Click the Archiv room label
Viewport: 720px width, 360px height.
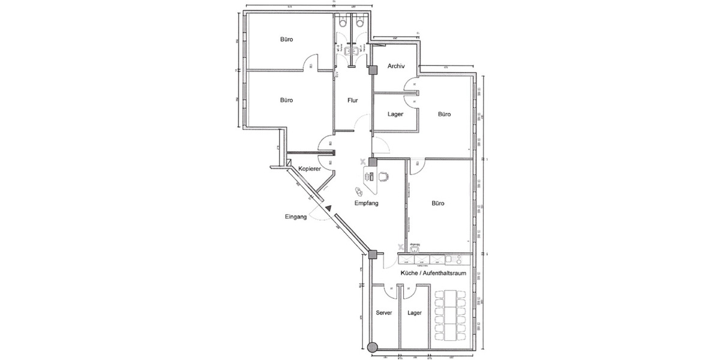coord(397,66)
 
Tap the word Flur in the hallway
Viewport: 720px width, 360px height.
coord(353,100)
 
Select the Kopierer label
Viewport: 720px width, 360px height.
coord(305,169)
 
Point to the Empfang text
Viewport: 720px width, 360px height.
coord(366,203)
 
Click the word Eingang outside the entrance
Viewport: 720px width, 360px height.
coord(296,217)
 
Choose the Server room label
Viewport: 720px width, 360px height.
coord(384,313)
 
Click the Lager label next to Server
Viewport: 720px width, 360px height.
coord(414,313)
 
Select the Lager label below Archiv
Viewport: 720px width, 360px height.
coord(395,113)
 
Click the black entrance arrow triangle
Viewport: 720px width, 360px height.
coord(328,208)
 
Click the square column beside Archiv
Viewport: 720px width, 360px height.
coord(373,70)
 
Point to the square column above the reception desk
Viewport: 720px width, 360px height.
coord(373,161)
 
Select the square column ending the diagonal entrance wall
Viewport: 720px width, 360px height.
coord(373,254)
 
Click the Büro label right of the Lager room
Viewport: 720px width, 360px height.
coord(444,113)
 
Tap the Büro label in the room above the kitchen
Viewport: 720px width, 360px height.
coord(438,203)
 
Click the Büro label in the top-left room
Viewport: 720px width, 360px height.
coord(286,40)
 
